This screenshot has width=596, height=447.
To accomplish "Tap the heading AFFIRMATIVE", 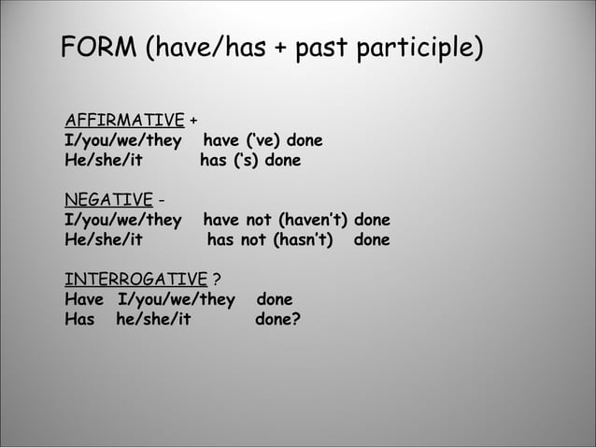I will [124, 121].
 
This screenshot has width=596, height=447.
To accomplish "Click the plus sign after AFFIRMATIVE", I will [193, 121].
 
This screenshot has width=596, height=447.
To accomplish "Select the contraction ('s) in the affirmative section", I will [247, 161].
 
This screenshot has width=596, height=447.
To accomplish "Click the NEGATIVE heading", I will [108, 200].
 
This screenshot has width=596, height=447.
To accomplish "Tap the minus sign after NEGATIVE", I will [163, 200].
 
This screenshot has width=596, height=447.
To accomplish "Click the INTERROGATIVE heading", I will [136, 280].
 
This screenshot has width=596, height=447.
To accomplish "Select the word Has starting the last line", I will [79, 320].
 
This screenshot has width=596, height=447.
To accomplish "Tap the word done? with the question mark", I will [277, 320].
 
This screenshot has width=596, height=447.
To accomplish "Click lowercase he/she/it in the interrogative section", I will [153, 320].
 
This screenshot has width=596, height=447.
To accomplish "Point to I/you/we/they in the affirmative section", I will [122, 141].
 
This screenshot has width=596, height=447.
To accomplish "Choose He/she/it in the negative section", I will [103, 240].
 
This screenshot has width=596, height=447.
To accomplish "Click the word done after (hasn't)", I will [372, 240].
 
